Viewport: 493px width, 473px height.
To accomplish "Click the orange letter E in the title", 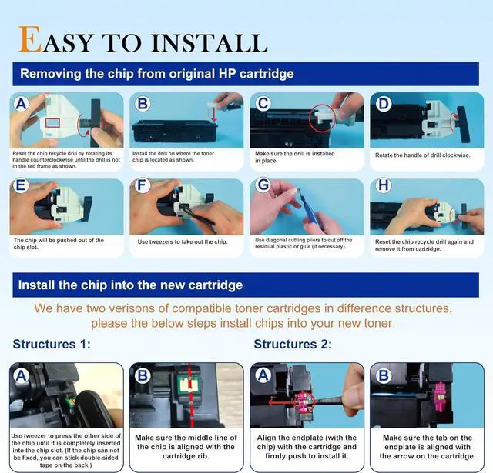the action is click(30, 39).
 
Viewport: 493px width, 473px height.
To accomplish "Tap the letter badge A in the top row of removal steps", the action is click(21, 104).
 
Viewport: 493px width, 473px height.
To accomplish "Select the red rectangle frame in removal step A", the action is click(52, 123).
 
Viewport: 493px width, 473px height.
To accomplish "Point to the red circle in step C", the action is click(322, 118).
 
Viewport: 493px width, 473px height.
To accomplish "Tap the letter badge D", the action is click(384, 104).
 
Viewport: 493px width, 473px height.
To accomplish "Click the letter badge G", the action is click(263, 185).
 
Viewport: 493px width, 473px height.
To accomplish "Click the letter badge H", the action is click(384, 185).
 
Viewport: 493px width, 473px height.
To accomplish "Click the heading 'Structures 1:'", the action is click(52, 345).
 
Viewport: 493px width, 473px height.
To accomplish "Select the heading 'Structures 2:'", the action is click(293, 345).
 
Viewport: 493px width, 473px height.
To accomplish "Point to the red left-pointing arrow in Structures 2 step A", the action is click(283, 402).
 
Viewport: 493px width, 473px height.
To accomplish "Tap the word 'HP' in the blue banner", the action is click(226, 74).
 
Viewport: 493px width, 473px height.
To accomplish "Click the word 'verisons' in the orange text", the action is click(131, 308).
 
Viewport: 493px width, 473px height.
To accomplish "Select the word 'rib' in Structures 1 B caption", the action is click(202, 456).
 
